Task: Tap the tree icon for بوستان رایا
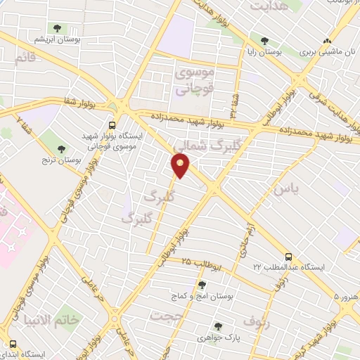click(264, 41)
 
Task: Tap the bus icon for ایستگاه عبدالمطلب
click(288, 257)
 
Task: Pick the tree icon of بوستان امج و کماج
click(202, 284)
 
